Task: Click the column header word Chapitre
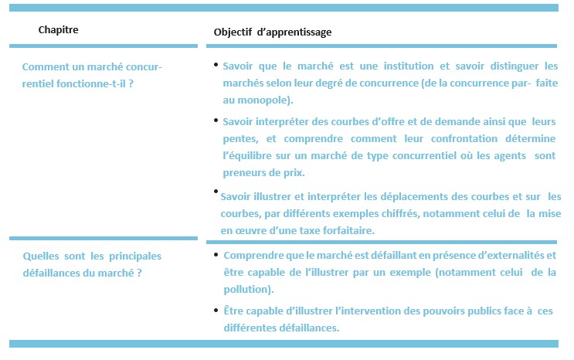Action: pyautogui.click(x=58, y=30)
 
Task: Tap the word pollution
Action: pyautogui.click(x=246, y=290)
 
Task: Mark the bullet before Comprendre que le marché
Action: pyautogui.click(x=215, y=253)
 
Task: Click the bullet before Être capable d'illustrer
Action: pyautogui.click(x=215, y=309)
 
